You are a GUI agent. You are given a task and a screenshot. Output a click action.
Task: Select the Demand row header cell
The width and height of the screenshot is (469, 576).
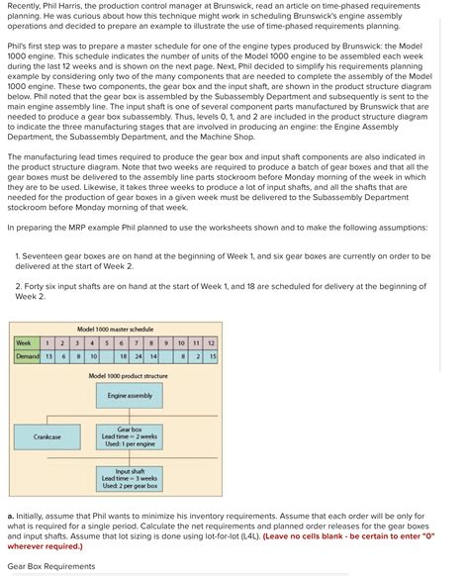point(27,355)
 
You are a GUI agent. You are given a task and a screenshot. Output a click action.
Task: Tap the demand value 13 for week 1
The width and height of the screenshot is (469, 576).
point(49,355)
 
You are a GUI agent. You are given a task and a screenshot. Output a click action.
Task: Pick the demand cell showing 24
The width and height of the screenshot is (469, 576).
point(138,355)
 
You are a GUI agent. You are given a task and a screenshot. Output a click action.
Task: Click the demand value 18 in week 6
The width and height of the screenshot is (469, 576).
point(122,355)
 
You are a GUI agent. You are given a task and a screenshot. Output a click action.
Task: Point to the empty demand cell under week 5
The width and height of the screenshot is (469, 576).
point(107,355)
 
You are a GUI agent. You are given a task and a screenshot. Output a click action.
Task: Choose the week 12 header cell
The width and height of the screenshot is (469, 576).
point(212,342)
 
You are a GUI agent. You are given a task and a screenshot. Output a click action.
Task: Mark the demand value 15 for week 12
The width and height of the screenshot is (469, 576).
point(212,355)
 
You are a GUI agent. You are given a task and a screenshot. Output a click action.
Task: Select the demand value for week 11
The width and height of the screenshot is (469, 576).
point(197,355)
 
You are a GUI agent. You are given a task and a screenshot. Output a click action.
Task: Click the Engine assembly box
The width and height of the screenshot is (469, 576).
point(129,396)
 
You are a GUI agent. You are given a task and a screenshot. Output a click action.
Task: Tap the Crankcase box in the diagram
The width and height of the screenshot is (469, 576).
point(47,436)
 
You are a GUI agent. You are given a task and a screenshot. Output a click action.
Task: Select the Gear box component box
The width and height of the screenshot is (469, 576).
point(129,436)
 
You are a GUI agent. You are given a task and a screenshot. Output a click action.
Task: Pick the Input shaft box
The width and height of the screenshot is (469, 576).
point(129,478)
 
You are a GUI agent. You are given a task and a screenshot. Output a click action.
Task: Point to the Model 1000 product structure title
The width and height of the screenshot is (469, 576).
point(128,376)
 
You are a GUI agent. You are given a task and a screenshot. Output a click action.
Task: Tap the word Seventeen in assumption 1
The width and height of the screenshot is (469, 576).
point(42,255)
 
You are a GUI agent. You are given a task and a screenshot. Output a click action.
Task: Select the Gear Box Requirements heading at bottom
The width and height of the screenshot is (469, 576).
point(51,566)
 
